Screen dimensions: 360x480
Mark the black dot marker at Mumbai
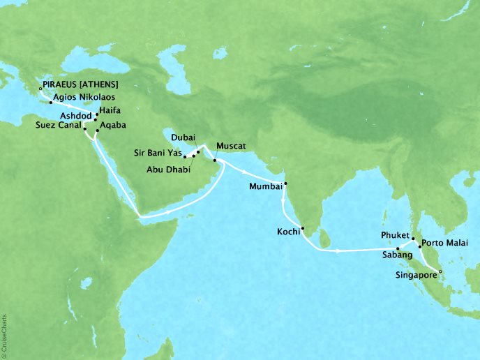[285, 184]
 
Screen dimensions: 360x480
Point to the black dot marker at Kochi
[303, 228]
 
